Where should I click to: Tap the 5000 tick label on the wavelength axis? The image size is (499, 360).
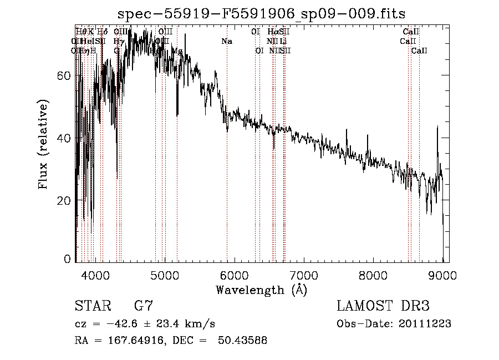tap(165, 275)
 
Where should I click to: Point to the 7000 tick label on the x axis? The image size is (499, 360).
tap(303, 275)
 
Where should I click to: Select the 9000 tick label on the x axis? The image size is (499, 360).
tap(442, 275)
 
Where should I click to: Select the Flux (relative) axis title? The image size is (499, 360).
tap(43, 144)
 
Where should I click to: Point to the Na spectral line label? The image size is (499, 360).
tap(227, 42)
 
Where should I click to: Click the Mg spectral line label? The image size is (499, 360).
tap(177, 51)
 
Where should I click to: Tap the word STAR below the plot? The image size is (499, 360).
tap(91, 306)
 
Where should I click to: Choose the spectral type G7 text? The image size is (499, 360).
tap(144, 306)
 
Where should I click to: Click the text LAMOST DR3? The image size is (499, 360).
tap(383, 306)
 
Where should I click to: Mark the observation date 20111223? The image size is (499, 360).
tap(427, 324)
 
